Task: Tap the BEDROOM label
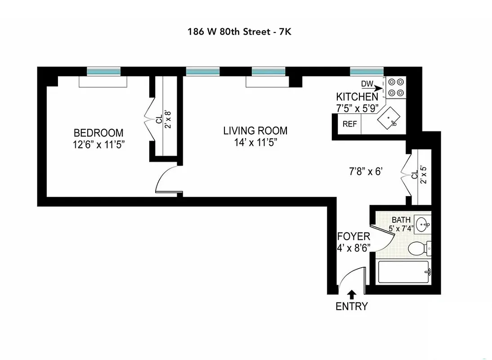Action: (x=98, y=133)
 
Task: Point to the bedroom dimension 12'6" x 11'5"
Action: (x=98, y=144)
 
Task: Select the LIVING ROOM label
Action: (x=255, y=131)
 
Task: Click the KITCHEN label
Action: (x=357, y=97)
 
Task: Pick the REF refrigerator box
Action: (x=349, y=124)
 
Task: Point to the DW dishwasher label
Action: (x=367, y=84)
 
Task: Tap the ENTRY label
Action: (x=352, y=307)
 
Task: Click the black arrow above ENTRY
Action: (x=352, y=294)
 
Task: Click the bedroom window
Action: (x=103, y=71)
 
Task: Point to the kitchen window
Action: (x=367, y=71)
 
